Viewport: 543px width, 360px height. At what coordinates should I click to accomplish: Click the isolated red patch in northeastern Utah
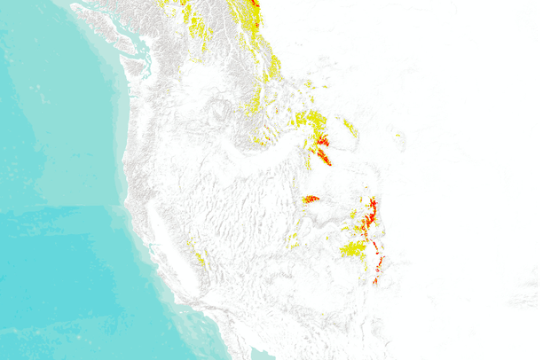coord(311,199)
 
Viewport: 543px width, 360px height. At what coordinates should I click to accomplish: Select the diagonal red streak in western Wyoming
coord(324,157)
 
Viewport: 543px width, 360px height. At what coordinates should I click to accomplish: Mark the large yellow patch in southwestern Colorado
coord(353,249)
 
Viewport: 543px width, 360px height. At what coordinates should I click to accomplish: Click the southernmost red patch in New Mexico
coord(375,280)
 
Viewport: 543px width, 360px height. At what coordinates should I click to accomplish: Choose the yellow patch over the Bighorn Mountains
coord(350,128)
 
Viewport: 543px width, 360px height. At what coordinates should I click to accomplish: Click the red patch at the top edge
coord(256,3)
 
